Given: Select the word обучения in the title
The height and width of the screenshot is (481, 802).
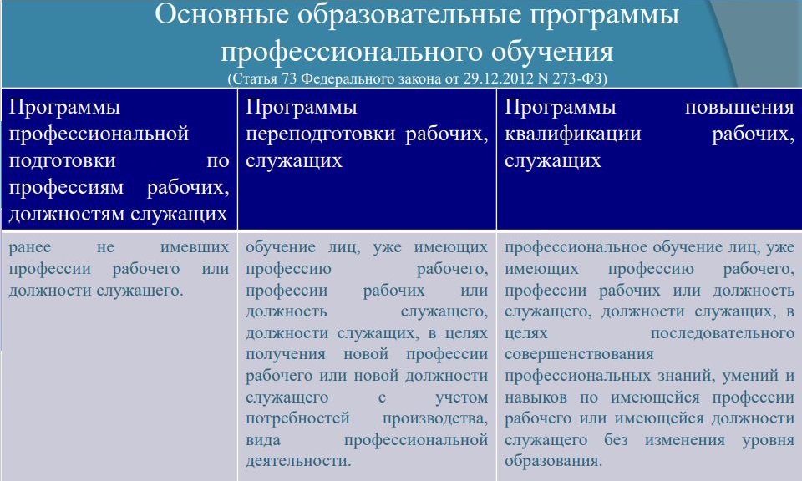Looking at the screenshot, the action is coord(552,52).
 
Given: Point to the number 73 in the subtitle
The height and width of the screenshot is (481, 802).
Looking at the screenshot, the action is coord(290,78).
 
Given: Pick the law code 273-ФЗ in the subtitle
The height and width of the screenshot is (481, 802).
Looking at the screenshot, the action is coord(578,78).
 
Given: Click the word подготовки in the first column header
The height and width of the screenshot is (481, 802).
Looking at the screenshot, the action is coord(63,161).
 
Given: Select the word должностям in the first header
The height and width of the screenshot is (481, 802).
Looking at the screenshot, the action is coord(67,214).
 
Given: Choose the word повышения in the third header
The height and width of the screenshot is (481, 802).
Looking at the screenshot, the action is coord(739,108).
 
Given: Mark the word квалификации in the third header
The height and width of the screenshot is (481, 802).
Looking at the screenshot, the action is coord(573,134).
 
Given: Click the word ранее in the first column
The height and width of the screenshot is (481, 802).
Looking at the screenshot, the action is coord(30,247).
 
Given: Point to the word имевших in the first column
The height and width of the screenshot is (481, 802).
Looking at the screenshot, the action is coord(195,247).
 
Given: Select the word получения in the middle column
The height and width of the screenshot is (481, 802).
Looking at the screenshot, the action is coord(286,354).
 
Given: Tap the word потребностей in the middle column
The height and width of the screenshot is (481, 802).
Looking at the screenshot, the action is coord(297,418).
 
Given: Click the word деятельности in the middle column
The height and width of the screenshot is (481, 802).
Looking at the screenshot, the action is coord(298,461).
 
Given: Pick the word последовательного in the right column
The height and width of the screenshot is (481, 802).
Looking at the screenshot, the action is coord(722,333).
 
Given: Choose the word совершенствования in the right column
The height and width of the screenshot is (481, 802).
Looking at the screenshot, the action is coord(579,354).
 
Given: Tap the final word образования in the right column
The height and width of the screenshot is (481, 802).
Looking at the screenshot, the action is coord(553,461).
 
